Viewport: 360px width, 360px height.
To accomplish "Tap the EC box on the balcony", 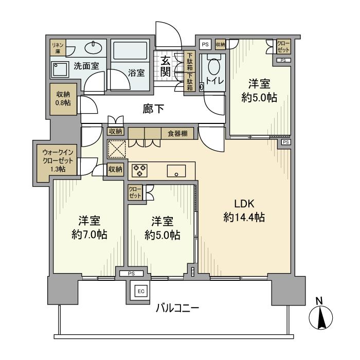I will click(140, 291).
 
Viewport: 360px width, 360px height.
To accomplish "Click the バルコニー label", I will click(178, 308).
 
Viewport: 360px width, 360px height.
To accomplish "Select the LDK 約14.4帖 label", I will click(244, 210).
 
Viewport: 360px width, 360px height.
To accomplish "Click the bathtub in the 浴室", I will click(131, 51).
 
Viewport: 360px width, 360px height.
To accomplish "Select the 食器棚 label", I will click(177, 134).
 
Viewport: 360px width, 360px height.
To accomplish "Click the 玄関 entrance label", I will click(165, 66).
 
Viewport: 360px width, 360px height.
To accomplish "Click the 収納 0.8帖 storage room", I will click(64, 98).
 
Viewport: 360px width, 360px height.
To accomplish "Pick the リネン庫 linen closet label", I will click(57, 48).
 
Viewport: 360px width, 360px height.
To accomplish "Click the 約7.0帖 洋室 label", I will click(89, 227).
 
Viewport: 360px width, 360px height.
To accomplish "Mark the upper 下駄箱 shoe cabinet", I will click(190, 61).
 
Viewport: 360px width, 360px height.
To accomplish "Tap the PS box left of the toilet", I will click(205, 44).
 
